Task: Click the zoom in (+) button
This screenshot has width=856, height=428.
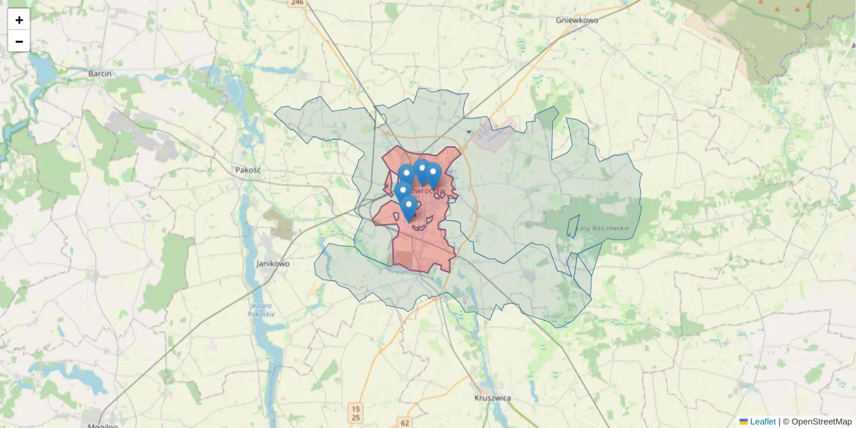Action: tap(19, 20)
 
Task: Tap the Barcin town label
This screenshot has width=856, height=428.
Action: tap(99, 73)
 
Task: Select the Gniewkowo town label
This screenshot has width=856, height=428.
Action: tap(576, 20)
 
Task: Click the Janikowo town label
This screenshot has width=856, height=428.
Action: tap(272, 263)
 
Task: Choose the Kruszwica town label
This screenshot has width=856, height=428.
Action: tap(493, 398)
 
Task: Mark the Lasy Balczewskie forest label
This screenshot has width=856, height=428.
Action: tap(602, 228)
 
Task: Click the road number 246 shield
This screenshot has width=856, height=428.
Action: tap(297, 3)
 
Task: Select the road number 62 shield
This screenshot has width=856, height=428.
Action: tap(405, 422)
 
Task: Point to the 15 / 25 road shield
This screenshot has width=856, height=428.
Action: tap(356, 412)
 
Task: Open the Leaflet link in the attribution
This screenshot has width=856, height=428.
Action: tap(763, 422)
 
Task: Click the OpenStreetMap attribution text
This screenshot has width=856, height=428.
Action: tap(821, 422)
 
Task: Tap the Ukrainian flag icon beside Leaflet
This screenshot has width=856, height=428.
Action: tap(743, 422)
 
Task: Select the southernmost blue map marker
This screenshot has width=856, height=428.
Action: tap(409, 208)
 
